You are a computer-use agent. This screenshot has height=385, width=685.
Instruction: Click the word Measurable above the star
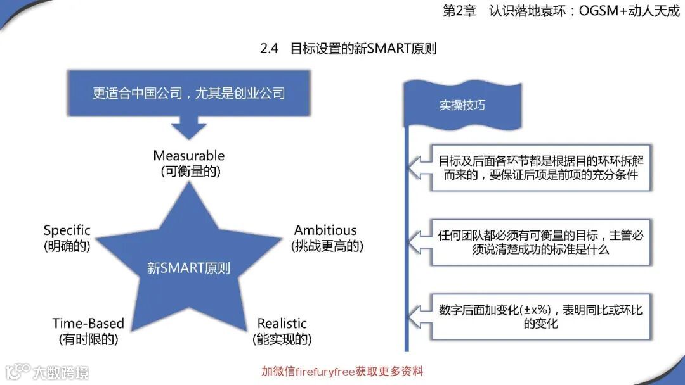click(189, 156)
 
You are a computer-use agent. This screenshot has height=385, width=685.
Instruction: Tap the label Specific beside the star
click(67, 230)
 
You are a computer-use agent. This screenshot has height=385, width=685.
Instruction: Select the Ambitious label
click(325, 230)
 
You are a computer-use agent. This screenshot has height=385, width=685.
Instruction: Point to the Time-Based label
click(88, 324)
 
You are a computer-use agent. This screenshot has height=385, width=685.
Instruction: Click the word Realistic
click(282, 324)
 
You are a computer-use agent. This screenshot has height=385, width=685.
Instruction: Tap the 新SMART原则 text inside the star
click(188, 268)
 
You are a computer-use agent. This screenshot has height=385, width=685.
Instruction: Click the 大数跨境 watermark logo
click(48, 371)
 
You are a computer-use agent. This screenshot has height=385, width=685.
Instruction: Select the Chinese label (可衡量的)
click(189, 172)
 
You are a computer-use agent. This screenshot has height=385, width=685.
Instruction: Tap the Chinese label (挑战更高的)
click(327, 246)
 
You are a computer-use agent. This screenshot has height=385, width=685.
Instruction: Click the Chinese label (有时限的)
click(88, 339)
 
